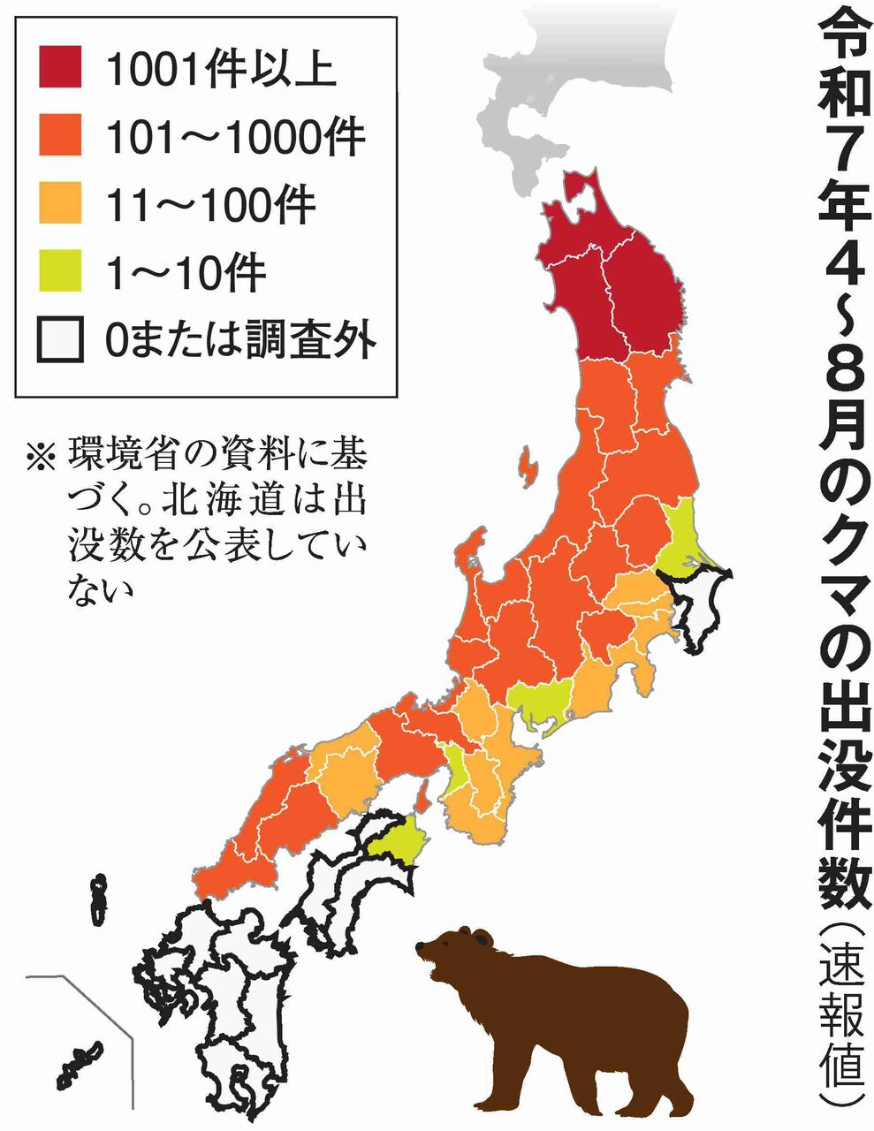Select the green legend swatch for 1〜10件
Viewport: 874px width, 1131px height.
point(60,269)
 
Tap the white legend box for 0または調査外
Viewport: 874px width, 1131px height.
point(60,339)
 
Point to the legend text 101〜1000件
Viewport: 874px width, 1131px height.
point(234,136)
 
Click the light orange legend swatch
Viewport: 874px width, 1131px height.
point(60,202)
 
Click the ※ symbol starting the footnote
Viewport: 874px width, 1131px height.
point(41,457)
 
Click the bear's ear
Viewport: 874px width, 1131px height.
point(482,937)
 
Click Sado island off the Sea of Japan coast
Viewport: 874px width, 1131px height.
point(528,467)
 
